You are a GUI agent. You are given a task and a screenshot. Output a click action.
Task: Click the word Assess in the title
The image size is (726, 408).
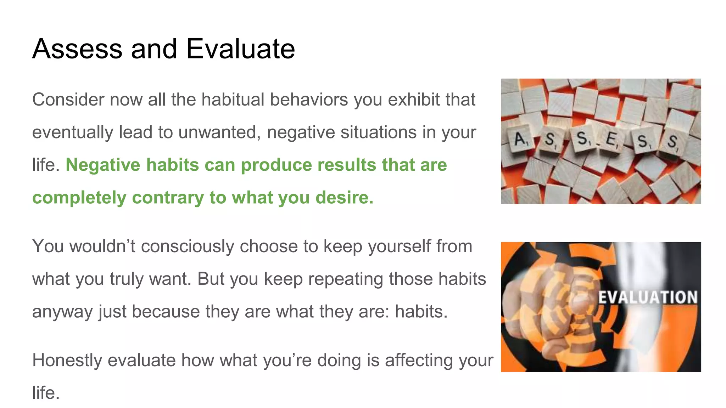pos(77,49)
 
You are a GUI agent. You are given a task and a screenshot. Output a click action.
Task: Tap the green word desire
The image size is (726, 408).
pos(344,198)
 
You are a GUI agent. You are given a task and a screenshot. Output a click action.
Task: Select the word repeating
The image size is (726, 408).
pos(345,279)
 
